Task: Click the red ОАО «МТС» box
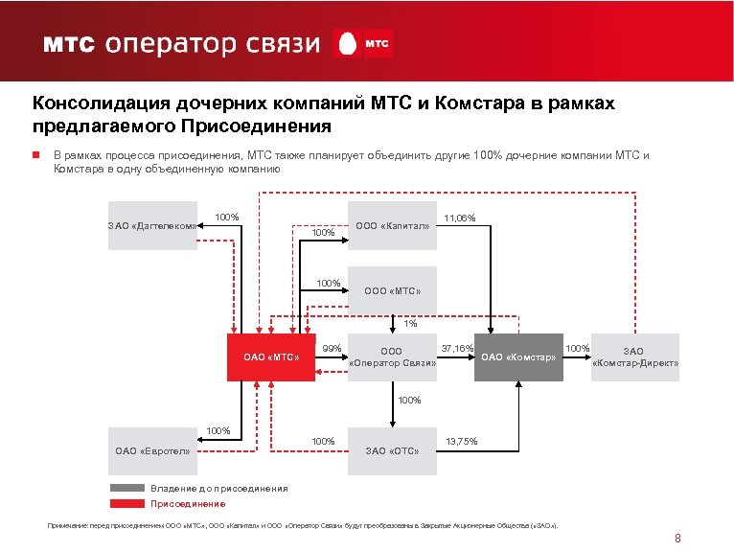coord(271,357)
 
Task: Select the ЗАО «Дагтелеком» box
coord(151,226)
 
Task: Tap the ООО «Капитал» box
coord(392,226)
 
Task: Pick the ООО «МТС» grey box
coord(392,289)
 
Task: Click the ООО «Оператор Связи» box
coord(392,357)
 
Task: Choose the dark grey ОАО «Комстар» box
coord(518,357)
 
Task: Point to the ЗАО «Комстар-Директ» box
coord(635,357)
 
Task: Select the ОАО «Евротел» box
coord(152,449)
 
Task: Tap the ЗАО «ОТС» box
coord(392,449)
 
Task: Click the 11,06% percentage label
coord(460,218)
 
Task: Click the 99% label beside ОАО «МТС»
coord(332,347)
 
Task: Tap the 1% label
coord(410,323)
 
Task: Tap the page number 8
coord(677,538)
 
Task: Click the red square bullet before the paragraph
coord(34,154)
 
